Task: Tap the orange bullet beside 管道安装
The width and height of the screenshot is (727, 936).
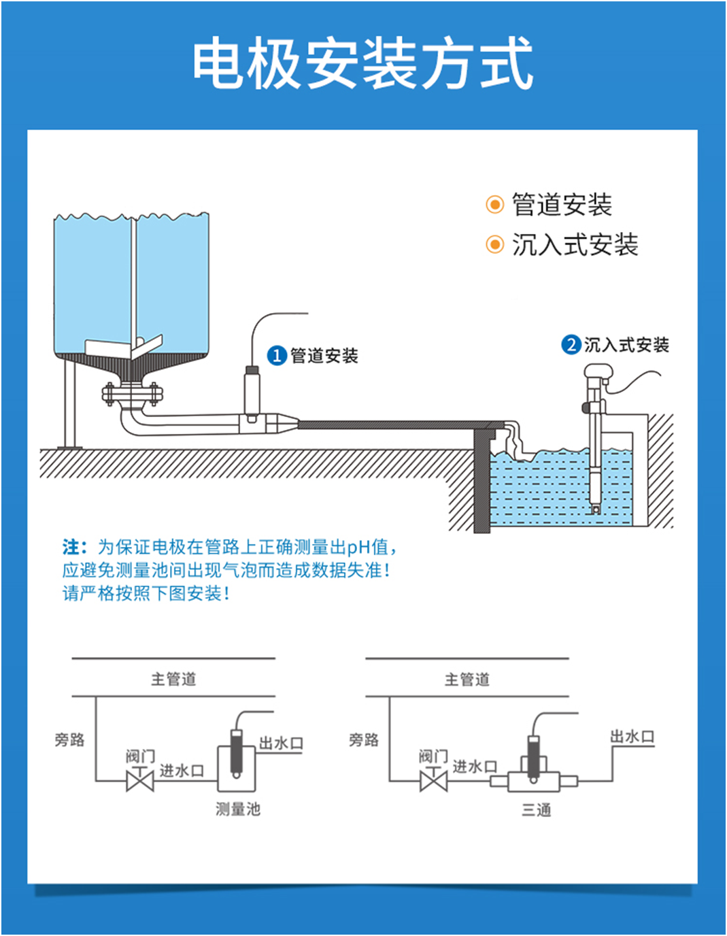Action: coord(494,204)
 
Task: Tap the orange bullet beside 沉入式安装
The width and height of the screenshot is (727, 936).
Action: coord(494,245)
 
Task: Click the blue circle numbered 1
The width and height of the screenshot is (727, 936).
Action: coord(276,356)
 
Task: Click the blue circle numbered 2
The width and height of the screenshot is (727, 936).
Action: coord(571,345)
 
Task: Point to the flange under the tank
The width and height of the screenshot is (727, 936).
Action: coord(133,394)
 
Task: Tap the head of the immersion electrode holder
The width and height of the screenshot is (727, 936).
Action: coord(598,373)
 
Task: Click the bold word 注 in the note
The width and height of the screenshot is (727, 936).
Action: coord(71,547)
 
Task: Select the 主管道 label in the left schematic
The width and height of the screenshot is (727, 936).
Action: coord(173,679)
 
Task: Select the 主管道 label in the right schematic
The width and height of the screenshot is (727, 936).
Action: coord(467,680)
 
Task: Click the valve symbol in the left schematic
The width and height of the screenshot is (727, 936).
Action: coord(140,780)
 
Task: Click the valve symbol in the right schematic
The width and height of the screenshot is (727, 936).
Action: coord(433,780)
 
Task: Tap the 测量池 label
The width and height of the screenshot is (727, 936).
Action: coord(238,809)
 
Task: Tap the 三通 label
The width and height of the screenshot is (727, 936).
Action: coord(536,810)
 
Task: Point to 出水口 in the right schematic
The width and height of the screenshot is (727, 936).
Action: coord(632,737)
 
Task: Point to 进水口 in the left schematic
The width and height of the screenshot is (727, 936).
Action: coord(182,771)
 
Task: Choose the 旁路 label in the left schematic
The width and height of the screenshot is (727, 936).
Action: coord(69,739)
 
